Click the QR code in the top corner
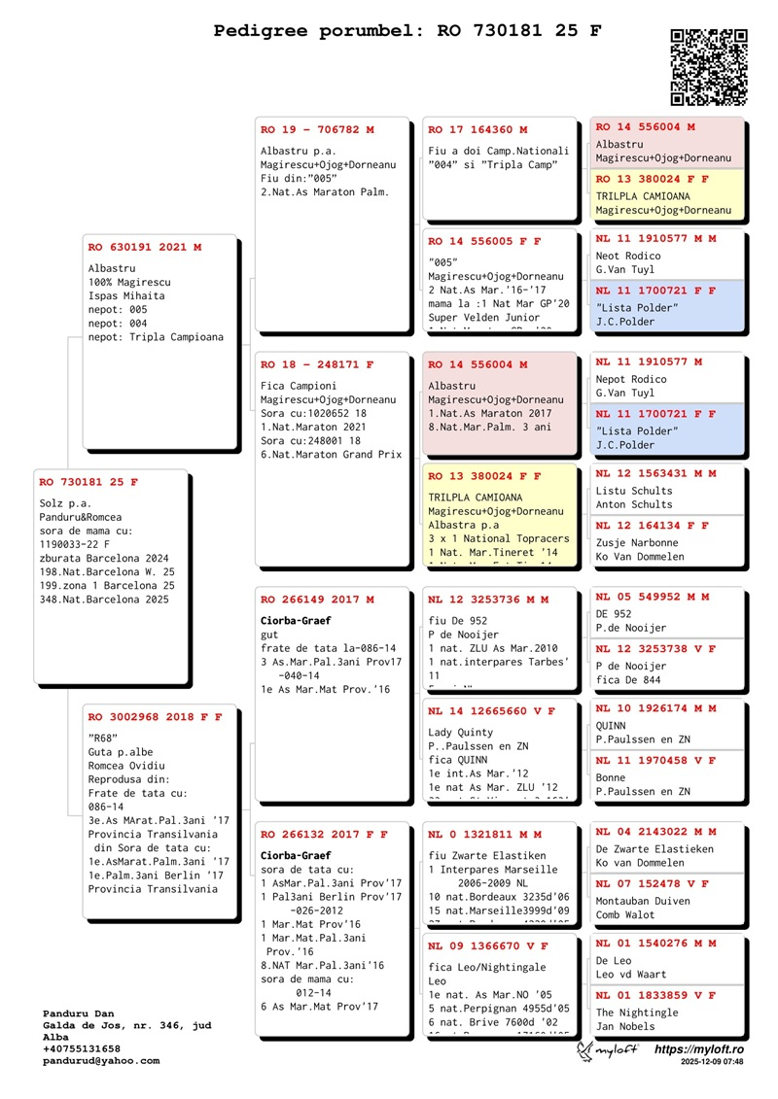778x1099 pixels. pos(709,66)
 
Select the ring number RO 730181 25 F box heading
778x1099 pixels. pos(88,482)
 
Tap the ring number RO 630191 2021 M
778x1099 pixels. pos(145,247)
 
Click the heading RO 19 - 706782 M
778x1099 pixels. pos(317,129)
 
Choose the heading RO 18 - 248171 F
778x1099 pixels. pos(317,365)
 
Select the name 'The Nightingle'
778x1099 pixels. pos(637,1013)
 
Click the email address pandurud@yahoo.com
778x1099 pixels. pos(101,1061)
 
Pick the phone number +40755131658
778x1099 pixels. pos(82,1049)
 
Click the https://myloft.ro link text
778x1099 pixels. pos(699,1050)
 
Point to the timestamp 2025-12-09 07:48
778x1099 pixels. pos(712,1063)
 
